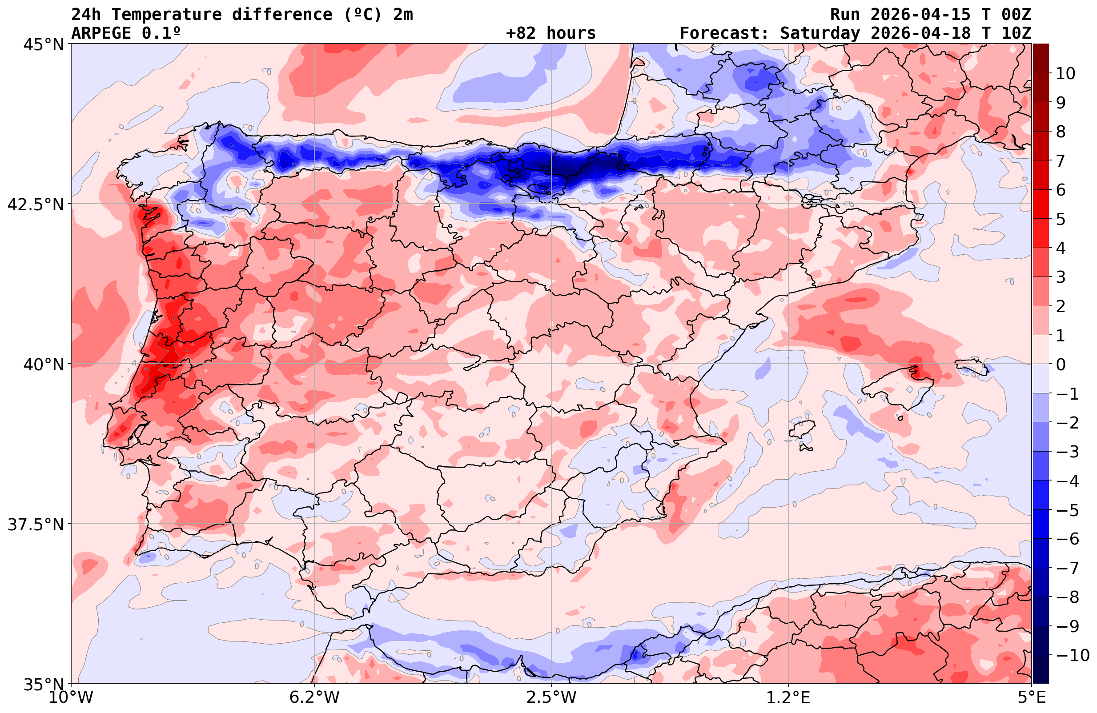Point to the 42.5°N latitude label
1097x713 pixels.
pyautogui.click(x=36, y=204)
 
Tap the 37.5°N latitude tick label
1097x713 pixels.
pyautogui.click(x=36, y=525)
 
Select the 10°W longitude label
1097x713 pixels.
pyautogui.click(x=71, y=697)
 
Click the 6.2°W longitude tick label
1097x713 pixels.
pyautogui.click(x=314, y=697)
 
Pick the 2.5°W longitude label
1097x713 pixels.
pyautogui.click(x=551, y=697)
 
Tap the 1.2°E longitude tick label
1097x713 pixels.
pyautogui.click(x=788, y=697)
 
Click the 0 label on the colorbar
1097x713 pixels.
pyautogui.click(x=1061, y=365)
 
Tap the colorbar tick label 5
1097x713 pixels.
pyautogui.click(x=1061, y=219)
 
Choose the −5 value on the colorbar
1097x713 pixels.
pyautogui.click(x=1067, y=510)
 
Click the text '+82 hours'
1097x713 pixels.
pyautogui.click(x=551, y=33)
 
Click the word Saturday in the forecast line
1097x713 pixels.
pyautogui.click(x=820, y=33)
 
